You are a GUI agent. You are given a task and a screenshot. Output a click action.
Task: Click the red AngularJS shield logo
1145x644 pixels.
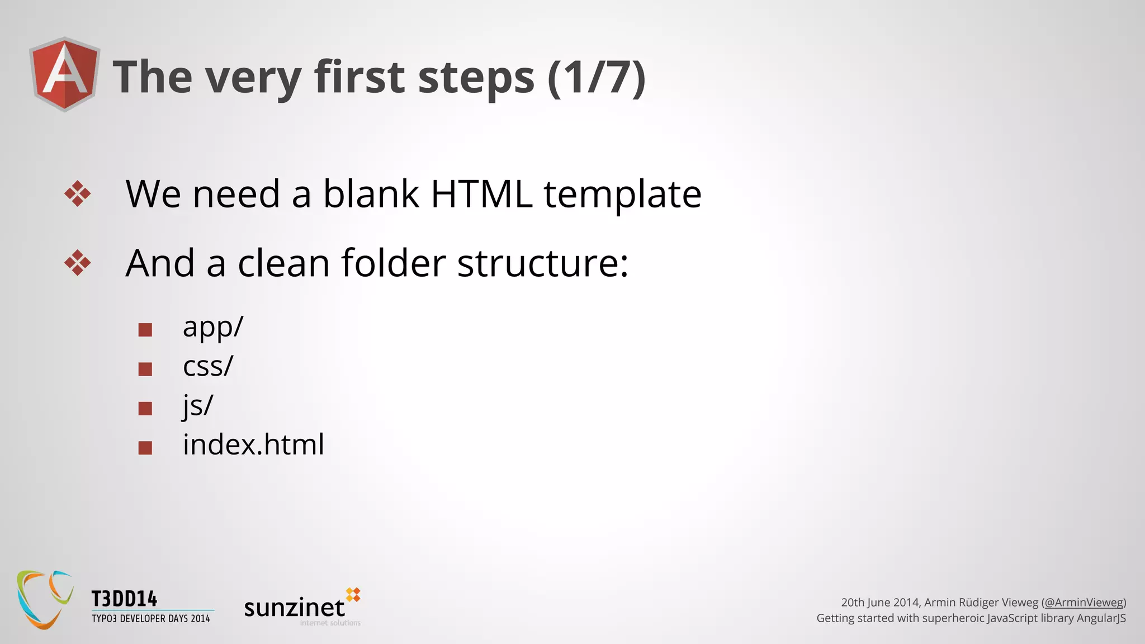tap(65, 74)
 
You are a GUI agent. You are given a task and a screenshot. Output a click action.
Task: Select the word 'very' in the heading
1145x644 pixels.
tap(253, 78)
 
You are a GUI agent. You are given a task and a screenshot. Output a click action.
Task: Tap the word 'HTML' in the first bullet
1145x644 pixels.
tap(481, 194)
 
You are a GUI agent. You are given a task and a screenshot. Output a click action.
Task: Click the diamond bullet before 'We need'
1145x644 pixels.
tap(77, 194)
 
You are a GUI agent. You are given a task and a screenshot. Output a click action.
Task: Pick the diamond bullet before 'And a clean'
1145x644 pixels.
tap(77, 263)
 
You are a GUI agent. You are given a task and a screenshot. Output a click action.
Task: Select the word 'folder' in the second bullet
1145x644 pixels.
tap(394, 263)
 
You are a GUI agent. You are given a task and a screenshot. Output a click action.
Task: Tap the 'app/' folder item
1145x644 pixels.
tap(213, 327)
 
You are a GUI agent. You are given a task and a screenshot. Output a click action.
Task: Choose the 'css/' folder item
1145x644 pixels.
tap(207, 367)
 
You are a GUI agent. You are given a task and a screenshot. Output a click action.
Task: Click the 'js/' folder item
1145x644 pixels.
tap(198, 406)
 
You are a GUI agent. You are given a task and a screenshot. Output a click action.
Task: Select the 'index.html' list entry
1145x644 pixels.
tap(253, 445)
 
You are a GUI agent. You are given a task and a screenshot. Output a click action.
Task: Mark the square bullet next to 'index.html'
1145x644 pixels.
tap(145, 448)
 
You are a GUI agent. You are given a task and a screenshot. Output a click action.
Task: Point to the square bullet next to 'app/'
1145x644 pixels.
tap(145, 330)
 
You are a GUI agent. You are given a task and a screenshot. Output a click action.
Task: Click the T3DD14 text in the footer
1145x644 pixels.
tap(125, 599)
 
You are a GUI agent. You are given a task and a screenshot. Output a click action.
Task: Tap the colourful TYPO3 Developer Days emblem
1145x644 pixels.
tap(45, 599)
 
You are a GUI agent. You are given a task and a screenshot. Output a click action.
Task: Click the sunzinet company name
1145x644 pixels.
tap(295, 608)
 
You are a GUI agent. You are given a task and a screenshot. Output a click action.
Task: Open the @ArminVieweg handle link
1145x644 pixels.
tap(1084, 603)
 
